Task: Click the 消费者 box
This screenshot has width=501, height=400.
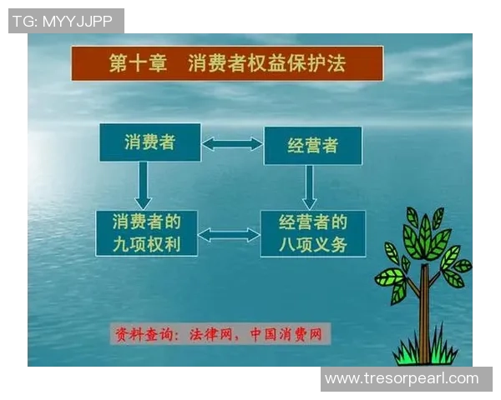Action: (149, 142)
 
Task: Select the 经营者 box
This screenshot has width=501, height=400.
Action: (312, 146)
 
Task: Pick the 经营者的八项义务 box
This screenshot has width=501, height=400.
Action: (312, 233)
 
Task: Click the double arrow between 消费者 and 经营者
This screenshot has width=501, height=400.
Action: (231, 144)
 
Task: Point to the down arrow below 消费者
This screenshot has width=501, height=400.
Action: (143, 185)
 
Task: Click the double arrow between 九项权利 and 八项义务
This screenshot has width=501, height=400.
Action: (228, 235)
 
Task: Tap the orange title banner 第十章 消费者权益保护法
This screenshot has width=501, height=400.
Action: (227, 63)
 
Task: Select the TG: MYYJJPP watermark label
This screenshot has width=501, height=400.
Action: (66, 21)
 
